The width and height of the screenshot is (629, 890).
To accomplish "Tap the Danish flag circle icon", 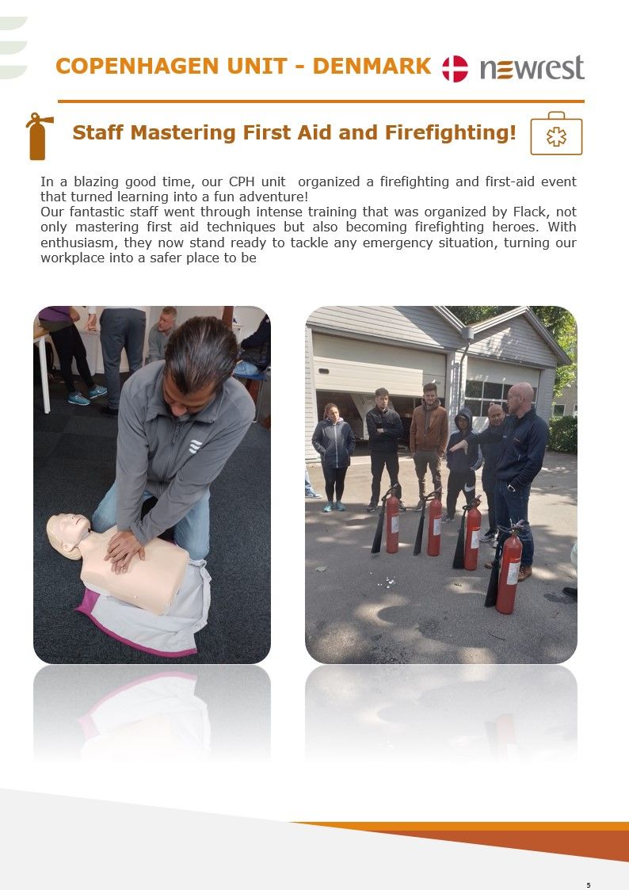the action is click(x=455, y=69).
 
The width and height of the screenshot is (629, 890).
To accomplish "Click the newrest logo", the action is click(x=532, y=68).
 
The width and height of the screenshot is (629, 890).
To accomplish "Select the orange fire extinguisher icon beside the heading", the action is click(x=39, y=136).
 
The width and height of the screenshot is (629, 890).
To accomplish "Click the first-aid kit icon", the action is click(x=556, y=134).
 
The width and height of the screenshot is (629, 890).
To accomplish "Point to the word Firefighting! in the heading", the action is click(x=451, y=133).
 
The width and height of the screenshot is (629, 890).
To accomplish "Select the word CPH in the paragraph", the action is click(x=242, y=181).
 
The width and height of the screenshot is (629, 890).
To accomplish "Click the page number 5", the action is click(x=588, y=885).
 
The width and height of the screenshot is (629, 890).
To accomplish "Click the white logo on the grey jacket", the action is click(x=195, y=446).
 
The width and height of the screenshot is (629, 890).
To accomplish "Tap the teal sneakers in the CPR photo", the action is click(x=87, y=395).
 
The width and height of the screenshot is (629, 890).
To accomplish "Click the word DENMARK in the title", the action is click(x=372, y=67).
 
